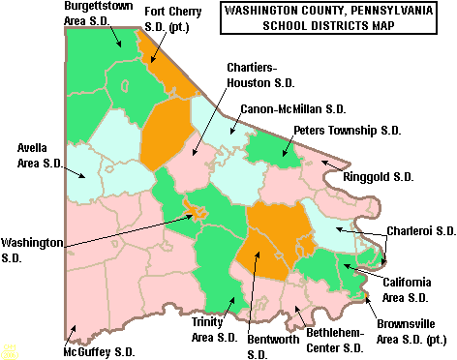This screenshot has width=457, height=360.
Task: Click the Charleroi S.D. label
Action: (x=420, y=231)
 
